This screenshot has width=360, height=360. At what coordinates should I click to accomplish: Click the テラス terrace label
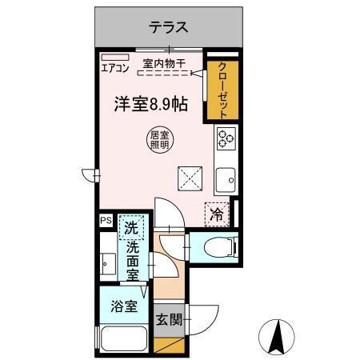pyautogui.click(x=169, y=27)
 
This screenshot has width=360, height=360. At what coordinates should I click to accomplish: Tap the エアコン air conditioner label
pyautogui.click(x=114, y=68)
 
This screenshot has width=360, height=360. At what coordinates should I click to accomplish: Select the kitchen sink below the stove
pyautogui.click(x=225, y=179)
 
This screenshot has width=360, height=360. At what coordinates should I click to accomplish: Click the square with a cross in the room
pyautogui.click(x=189, y=177)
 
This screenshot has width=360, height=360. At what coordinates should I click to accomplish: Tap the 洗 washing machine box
pyautogui.click(x=131, y=227)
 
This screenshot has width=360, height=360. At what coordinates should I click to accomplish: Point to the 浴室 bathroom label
pyautogui.click(x=123, y=306)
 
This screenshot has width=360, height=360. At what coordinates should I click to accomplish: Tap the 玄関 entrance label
pyautogui.click(x=169, y=320)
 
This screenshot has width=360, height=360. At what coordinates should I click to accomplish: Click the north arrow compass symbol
pyautogui.click(x=277, y=337)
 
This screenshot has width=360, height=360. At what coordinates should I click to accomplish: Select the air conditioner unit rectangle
pyautogui.click(x=110, y=56)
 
